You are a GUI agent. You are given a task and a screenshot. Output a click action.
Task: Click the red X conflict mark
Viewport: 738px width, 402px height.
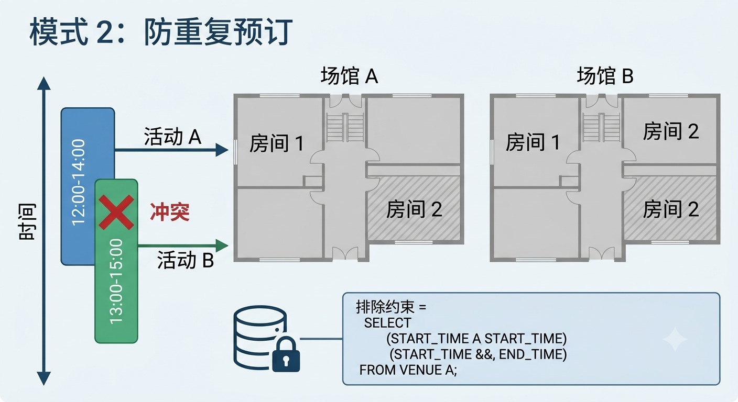(x=116, y=212)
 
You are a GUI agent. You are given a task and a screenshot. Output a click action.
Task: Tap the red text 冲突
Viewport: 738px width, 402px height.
(x=170, y=212)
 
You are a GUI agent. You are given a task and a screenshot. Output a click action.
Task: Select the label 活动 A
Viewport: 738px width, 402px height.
(x=172, y=136)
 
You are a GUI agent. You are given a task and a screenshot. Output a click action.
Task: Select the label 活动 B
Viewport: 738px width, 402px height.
(x=186, y=260)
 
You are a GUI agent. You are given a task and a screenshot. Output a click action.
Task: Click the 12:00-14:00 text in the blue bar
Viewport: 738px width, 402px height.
(x=79, y=183)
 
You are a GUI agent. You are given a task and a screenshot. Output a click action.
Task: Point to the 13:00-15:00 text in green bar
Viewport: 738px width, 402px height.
(x=116, y=282)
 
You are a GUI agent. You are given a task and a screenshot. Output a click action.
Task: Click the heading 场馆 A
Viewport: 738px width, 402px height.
(x=349, y=76)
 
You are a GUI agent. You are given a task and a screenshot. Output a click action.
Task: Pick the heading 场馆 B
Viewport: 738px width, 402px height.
(x=605, y=76)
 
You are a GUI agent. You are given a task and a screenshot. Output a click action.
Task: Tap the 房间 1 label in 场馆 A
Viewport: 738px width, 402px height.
(x=276, y=143)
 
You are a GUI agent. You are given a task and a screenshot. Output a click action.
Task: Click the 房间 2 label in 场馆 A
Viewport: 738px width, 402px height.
(x=414, y=209)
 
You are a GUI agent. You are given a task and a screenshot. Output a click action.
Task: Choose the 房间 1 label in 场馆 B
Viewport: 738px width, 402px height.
(x=533, y=142)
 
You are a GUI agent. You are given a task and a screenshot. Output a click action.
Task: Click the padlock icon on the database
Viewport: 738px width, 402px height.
(x=286, y=354)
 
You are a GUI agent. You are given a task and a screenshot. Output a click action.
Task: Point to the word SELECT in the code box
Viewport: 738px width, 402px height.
(x=387, y=323)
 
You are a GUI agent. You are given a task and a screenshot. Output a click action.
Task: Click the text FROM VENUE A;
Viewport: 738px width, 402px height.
(x=408, y=370)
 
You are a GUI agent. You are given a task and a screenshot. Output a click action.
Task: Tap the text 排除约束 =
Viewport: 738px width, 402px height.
(x=391, y=307)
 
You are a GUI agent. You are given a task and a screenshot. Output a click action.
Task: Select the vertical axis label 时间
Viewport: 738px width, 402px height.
(x=27, y=222)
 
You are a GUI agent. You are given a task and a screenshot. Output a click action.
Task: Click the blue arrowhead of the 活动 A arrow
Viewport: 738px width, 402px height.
(x=222, y=150)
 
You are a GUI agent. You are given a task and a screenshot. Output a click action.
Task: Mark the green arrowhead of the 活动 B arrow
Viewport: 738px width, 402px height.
(x=222, y=245)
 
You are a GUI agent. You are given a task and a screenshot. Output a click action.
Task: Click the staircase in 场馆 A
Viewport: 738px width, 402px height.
(x=345, y=127)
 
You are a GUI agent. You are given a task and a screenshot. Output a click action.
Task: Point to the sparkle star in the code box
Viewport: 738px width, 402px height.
(x=675, y=340)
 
